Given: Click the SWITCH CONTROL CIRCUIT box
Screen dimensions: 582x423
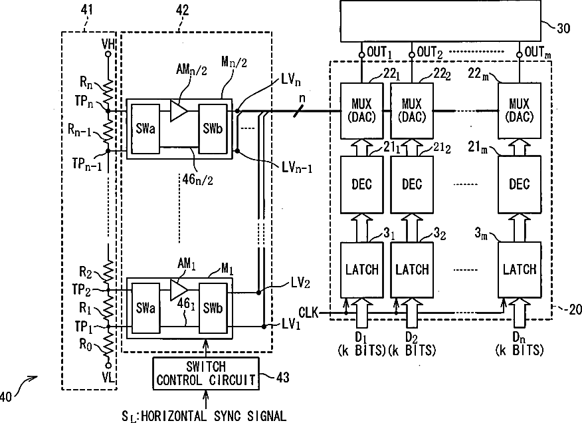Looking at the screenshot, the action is pyautogui.click(x=206, y=374).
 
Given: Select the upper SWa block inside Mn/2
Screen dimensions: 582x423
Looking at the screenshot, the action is pyautogui.click(x=145, y=129).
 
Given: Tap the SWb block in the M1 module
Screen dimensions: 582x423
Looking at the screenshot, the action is pyautogui.click(x=213, y=308).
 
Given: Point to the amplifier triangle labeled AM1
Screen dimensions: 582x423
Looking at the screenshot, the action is pyautogui.click(x=179, y=290).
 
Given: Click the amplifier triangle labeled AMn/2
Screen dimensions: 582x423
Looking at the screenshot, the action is pyautogui.click(x=179, y=111).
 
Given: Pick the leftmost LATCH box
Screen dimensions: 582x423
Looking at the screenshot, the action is pyautogui.click(x=362, y=270).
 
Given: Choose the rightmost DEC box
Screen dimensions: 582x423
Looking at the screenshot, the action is pyautogui.click(x=520, y=184).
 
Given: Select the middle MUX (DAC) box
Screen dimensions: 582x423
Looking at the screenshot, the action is pyautogui.click(x=412, y=111).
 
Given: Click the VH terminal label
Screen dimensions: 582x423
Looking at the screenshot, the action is pyautogui.click(x=108, y=45).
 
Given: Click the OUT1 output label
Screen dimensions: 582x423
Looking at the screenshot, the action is pyautogui.click(x=379, y=52).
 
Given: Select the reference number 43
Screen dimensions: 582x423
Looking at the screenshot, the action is pyautogui.click(x=283, y=378).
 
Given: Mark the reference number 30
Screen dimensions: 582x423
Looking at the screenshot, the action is pyautogui.click(x=563, y=28).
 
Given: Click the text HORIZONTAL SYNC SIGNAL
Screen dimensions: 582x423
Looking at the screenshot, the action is pyautogui.click(x=213, y=416).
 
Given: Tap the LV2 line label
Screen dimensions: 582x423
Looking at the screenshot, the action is pyautogui.click(x=301, y=284).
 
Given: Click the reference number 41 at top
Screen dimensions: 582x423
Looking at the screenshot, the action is pyautogui.click(x=86, y=10).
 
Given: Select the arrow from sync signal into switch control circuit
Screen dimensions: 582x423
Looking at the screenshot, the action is pyautogui.click(x=206, y=399).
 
